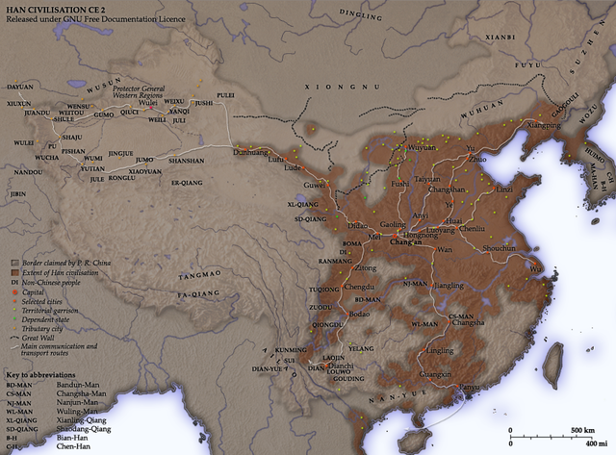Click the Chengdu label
click(358, 288)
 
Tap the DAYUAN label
click(21, 86)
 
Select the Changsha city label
click(466, 323)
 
